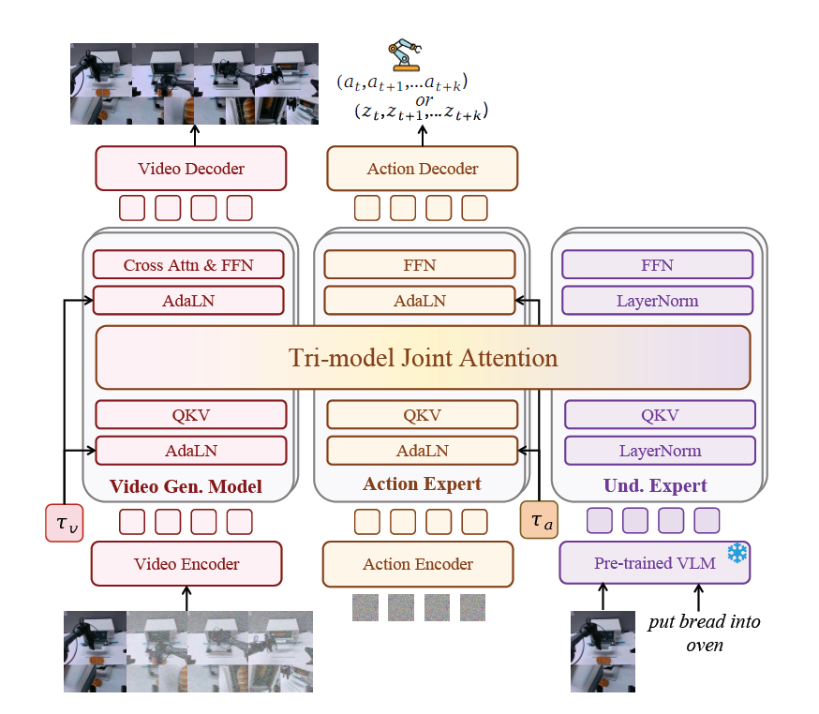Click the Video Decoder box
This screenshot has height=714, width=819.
click(x=190, y=169)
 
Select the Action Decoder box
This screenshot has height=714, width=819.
click(x=422, y=169)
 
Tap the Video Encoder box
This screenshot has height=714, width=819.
click(x=186, y=564)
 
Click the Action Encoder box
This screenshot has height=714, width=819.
click(x=418, y=564)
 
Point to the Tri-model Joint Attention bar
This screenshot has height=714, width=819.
click(x=424, y=357)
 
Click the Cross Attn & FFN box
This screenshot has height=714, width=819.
click(x=188, y=264)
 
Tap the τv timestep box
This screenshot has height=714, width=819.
click(x=65, y=522)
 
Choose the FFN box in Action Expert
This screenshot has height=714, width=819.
click(x=420, y=264)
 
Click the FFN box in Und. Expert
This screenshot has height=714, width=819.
click(x=657, y=264)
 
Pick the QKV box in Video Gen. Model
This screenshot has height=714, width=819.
click(x=190, y=415)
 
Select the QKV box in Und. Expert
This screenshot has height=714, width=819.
click(x=660, y=415)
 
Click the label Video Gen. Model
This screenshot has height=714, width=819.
click(x=186, y=486)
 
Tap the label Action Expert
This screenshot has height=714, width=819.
click(x=422, y=484)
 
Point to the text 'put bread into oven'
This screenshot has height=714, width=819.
click(x=705, y=632)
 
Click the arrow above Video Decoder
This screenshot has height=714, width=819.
click(x=195, y=135)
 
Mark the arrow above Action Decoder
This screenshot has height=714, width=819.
click(x=422, y=135)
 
